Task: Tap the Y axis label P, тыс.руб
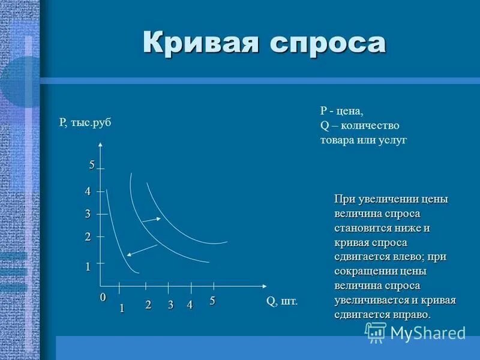[x=85, y=122]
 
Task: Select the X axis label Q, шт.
[x=281, y=301]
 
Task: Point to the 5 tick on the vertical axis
[x=92, y=166]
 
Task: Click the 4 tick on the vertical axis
[x=88, y=191]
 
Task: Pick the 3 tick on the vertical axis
[x=88, y=214]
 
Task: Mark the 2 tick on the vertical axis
[x=88, y=237]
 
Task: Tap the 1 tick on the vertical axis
[x=88, y=266]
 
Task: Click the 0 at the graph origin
[x=102, y=298]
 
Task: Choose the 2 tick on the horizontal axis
[x=148, y=305]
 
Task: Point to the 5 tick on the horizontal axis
[x=212, y=301]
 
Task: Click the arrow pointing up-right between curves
[x=152, y=220]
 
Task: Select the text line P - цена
[x=341, y=111]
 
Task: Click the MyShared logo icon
[x=376, y=332]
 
